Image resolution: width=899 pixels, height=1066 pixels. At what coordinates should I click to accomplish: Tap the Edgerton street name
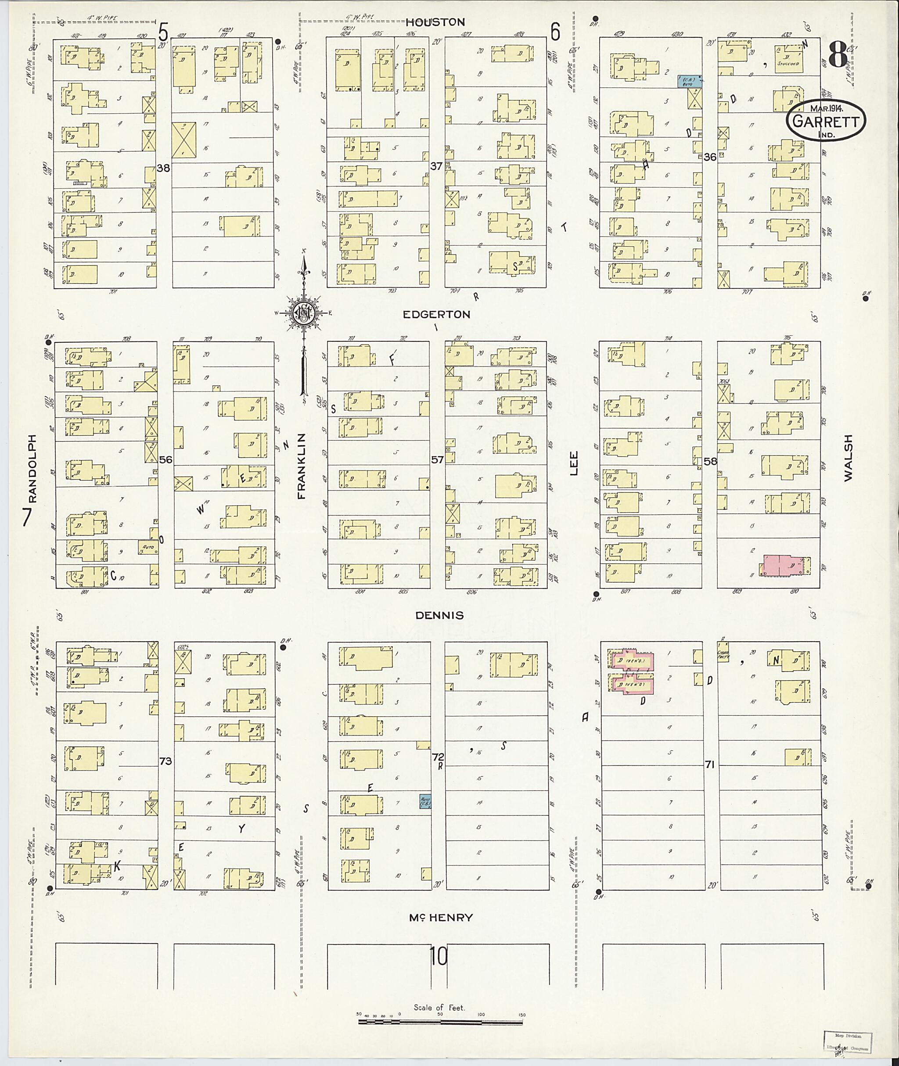436,314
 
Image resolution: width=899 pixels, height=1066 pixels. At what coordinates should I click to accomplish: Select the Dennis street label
439,615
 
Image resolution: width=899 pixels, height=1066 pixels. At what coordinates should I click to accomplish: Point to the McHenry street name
441,918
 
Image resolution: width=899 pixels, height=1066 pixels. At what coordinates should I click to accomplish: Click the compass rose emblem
304,313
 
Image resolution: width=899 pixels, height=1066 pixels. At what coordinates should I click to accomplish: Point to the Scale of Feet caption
439,1007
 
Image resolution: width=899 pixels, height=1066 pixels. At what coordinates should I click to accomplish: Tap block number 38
163,167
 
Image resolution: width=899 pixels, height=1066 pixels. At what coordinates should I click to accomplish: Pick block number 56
165,459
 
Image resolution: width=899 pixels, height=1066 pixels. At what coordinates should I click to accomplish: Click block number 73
165,761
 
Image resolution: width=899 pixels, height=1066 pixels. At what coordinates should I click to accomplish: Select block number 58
710,461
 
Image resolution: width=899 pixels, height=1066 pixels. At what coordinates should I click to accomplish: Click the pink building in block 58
785,566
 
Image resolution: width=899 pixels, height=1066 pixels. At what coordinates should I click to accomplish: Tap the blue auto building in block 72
425,801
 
